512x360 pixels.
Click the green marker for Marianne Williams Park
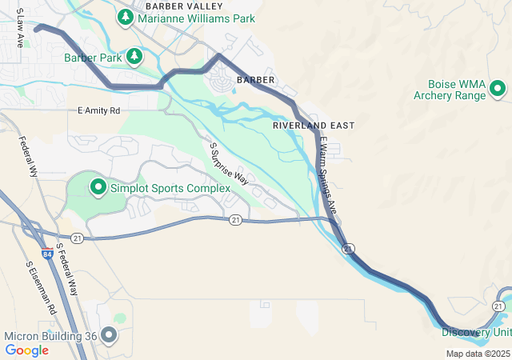[125, 17]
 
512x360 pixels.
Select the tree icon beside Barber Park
[135, 56]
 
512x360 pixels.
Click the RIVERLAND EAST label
[313, 126]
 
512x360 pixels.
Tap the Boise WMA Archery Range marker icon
[497, 89]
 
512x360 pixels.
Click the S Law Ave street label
[19, 29]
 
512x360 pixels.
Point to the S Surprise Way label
[230, 164]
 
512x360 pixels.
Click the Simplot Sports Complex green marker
[98, 187]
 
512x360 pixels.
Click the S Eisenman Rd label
[42, 286]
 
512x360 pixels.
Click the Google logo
[26, 350]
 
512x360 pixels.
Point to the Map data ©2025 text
[478, 354]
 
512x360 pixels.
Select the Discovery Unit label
[477, 333]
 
